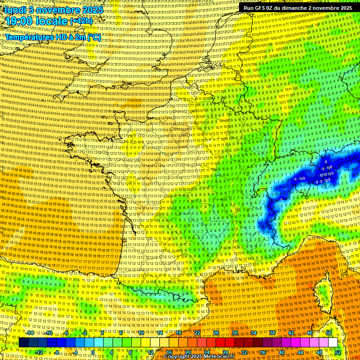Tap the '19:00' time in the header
pos(20,21)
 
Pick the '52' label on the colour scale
pos(337,352)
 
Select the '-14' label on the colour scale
pos(30,333)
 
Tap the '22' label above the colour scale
pos(197,333)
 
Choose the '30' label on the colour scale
pos(235,333)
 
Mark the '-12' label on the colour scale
pos(39,352)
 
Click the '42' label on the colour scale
pos(291,333)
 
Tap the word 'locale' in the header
pos(52,21)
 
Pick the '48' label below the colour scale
pos(319,352)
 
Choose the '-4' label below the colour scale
pos(75,352)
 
